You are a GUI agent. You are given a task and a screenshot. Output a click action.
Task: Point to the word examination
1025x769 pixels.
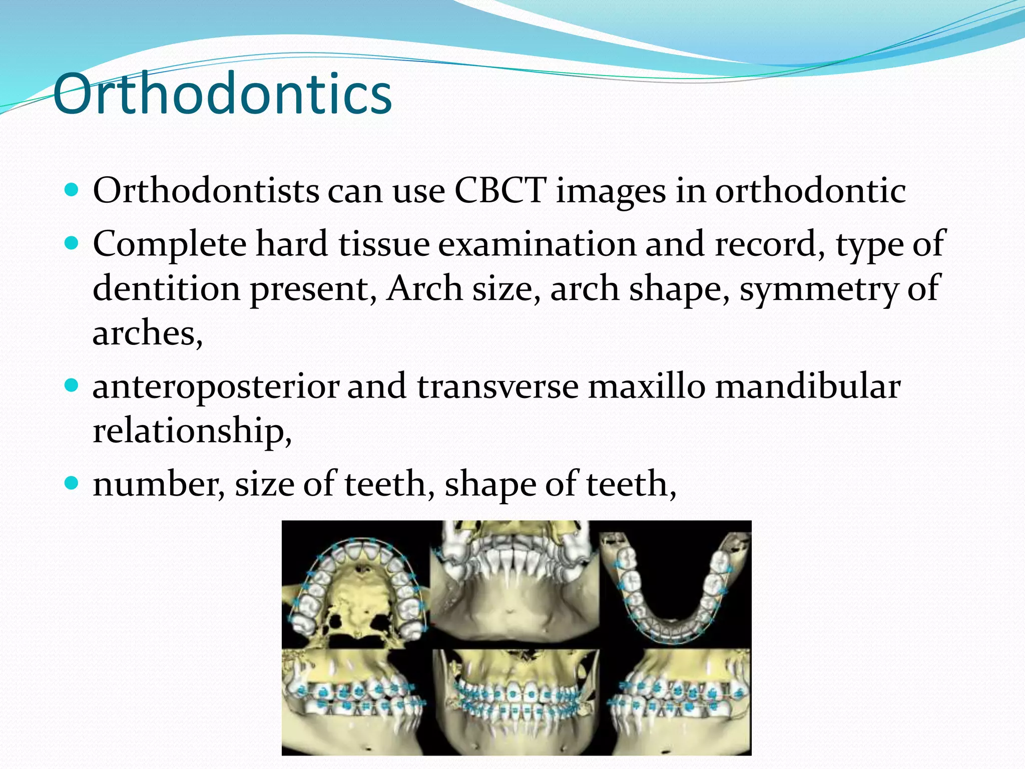538,244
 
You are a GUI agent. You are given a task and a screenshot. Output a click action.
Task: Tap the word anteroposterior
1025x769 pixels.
216,387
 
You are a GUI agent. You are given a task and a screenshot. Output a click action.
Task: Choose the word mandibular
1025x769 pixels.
807,387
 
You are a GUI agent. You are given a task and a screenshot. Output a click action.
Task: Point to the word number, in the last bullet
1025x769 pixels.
159,485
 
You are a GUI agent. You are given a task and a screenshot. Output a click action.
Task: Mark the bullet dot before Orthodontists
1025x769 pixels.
72,190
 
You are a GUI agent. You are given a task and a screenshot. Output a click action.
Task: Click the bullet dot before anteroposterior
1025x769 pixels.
72,386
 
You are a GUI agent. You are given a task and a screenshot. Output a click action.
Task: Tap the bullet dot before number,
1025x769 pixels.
72,483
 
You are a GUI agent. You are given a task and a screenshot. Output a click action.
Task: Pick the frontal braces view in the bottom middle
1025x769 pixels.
516,701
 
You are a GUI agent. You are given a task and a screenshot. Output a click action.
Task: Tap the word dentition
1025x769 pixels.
166,289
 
